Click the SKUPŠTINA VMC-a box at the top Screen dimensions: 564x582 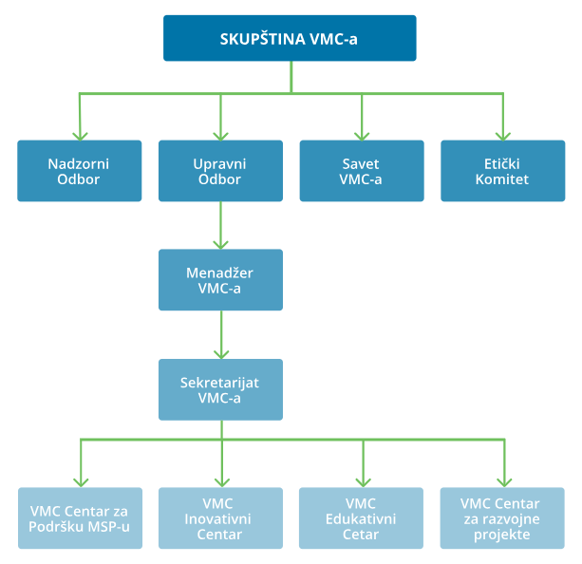[x=290, y=38]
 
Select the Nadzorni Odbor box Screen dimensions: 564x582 [x=80, y=171]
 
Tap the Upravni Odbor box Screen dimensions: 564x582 [x=220, y=171]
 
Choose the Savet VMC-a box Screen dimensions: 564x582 [x=362, y=171]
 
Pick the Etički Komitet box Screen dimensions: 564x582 [x=502, y=171]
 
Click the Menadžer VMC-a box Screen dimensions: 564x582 [x=220, y=280]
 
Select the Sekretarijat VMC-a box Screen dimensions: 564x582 [x=220, y=389]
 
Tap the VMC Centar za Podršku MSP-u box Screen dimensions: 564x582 [x=80, y=518]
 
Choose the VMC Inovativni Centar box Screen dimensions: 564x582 [x=220, y=518]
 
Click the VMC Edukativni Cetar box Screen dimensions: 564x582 [x=362, y=518]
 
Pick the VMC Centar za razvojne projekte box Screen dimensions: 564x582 [x=502, y=518]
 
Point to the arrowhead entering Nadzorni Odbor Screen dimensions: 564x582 [x=80, y=134]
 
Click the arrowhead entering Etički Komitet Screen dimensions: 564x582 [x=502, y=134]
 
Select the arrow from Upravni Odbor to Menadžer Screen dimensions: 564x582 [x=220, y=226]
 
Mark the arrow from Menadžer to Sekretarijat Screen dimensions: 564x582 [x=220, y=335]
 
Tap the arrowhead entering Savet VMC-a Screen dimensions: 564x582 [x=362, y=134]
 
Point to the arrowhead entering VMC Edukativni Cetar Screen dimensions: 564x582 [x=362, y=481]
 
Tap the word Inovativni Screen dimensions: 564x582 [x=220, y=518]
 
